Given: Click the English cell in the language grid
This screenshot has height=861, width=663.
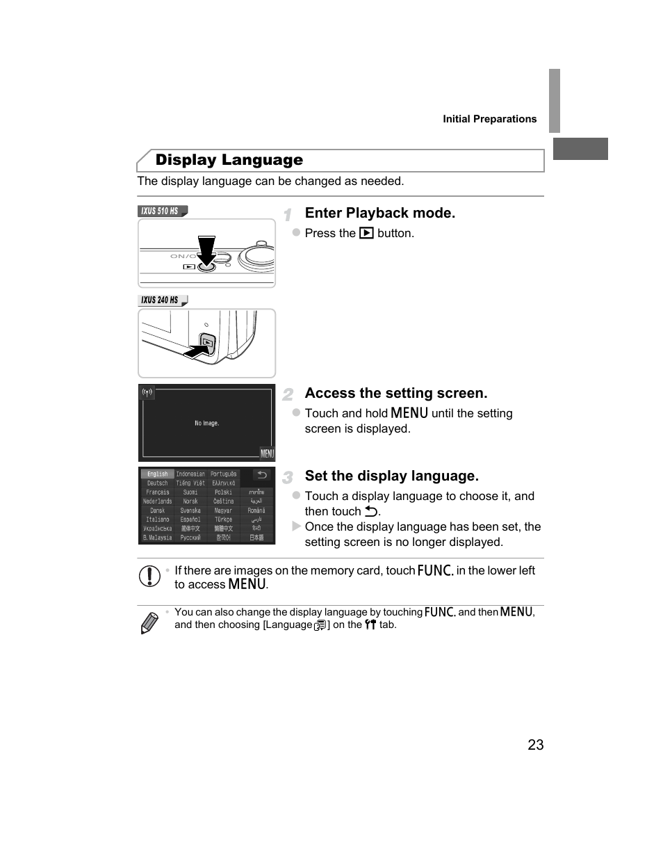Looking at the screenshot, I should [157, 474].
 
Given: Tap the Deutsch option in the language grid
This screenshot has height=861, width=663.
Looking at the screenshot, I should [157, 483].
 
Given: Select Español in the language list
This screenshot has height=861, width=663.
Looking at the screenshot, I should [190, 520].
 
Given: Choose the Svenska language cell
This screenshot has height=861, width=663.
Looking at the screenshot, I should [190, 510].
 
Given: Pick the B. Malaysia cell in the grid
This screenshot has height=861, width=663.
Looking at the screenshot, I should [157, 538].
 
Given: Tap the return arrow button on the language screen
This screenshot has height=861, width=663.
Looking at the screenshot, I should [261, 475].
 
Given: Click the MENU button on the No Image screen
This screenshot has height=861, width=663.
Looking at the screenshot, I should [267, 453].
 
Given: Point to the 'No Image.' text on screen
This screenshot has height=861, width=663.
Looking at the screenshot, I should [206, 423].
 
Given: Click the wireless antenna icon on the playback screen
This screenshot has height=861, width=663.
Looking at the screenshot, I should [147, 392].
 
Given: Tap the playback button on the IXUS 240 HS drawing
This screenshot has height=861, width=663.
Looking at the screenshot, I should [207, 341].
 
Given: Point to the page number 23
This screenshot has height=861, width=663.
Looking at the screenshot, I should [535, 745].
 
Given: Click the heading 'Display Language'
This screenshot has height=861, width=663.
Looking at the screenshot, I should [229, 160].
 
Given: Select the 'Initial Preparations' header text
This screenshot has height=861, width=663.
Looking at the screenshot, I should [489, 119].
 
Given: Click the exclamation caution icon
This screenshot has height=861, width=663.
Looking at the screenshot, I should [149, 577].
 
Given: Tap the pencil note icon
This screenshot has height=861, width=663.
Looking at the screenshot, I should [149, 622].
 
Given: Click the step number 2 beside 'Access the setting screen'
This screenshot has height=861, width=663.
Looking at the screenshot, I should [288, 395].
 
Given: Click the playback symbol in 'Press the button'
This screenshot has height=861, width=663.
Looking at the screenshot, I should [366, 234].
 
